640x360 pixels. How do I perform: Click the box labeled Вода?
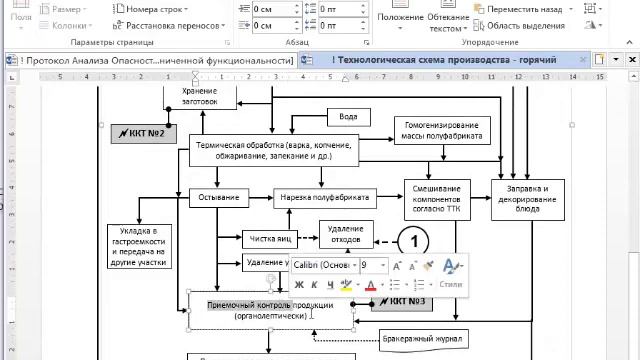[x=348, y=116]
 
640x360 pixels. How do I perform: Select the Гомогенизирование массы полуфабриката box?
[x=441, y=129]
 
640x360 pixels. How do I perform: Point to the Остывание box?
[x=217, y=196]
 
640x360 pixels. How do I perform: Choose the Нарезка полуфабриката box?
[x=322, y=196]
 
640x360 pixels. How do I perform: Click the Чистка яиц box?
[x=270, y=239]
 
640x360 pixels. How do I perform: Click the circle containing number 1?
[x=413, y=242]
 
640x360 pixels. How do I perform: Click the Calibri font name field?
[x=322, y=265]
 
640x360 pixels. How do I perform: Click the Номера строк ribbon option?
[x=153, y=9]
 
